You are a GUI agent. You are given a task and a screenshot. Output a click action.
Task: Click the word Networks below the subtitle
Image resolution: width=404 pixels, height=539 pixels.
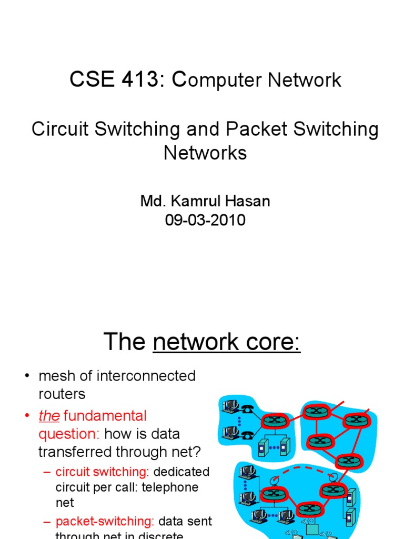205,153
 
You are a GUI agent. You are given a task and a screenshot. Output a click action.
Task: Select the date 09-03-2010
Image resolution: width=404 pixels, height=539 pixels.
205,220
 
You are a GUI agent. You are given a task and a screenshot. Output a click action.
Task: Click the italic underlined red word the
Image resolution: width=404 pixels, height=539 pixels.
48,416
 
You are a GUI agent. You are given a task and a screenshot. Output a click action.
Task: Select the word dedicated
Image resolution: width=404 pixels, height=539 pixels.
181,472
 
